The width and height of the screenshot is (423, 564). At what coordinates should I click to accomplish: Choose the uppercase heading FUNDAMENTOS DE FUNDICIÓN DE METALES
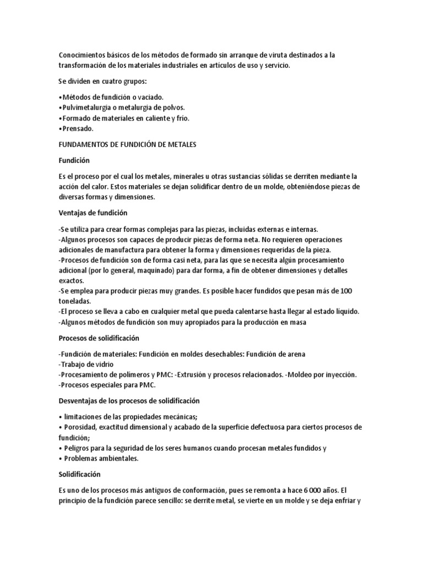pos(127,144)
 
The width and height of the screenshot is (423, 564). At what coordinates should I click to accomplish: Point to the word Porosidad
pos(82,428)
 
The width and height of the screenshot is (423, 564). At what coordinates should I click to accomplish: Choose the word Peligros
pos(77,448)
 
